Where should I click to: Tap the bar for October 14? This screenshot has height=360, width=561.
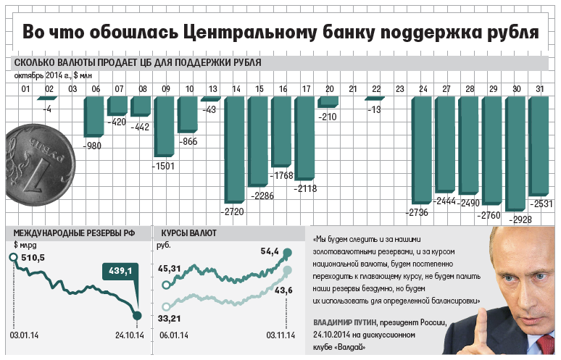236,148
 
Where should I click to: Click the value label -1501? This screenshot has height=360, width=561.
163,166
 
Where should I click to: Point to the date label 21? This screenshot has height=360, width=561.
353,89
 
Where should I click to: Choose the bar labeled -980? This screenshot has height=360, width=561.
94,116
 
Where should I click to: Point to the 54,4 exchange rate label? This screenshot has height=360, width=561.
270,251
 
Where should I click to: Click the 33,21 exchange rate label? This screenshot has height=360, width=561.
169,318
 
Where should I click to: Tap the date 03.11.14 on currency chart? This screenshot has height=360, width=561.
280,335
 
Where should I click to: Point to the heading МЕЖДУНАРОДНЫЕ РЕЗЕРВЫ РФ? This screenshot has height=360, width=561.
75,234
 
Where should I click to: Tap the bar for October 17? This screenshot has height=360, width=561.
305,138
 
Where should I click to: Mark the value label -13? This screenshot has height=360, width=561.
374,109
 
